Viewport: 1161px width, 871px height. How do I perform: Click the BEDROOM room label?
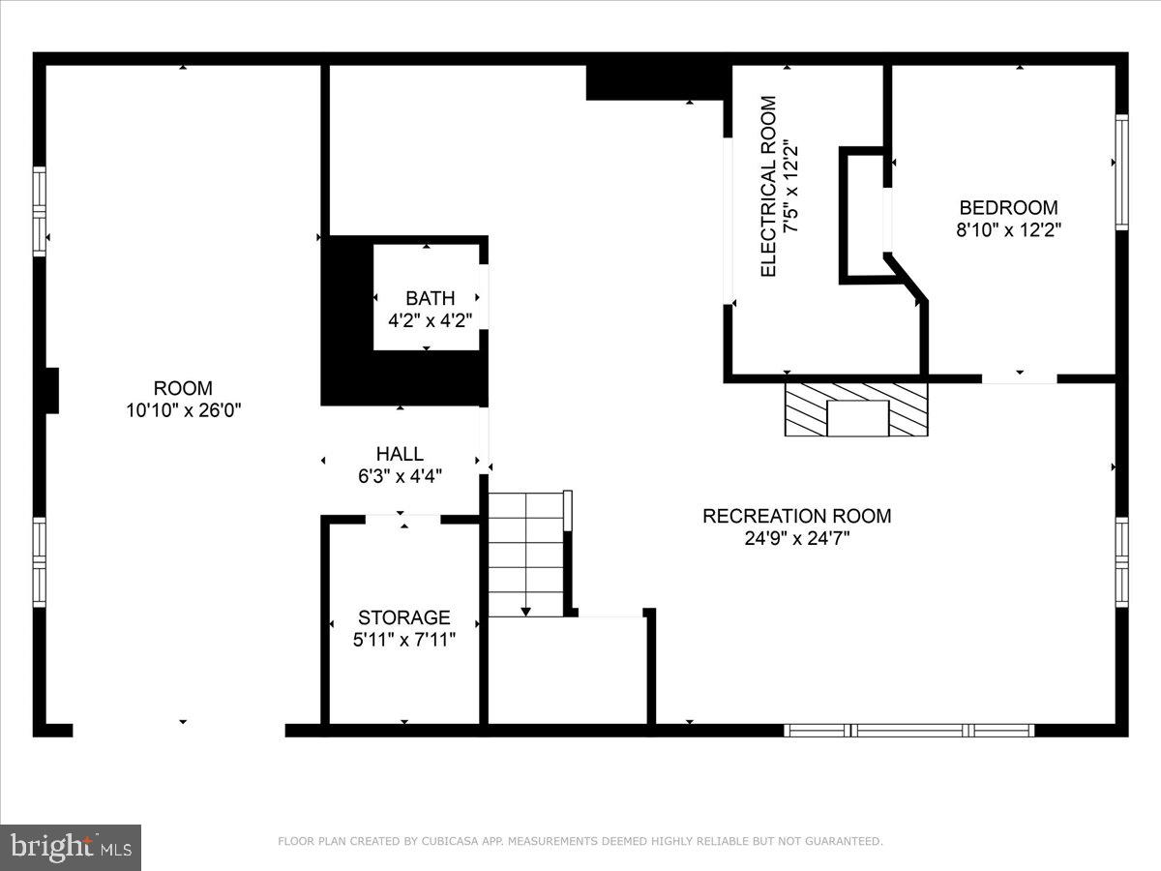click(x=1008, y=207)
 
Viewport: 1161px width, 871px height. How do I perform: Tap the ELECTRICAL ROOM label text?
click(x=769, y=186)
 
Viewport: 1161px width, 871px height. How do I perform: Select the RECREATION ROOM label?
click(x=796, y=516)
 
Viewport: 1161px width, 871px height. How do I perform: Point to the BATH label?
click(x=430, y=298)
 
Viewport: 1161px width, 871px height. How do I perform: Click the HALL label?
click(x=400, y=453)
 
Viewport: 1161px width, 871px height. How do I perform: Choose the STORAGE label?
click(x=403, y=617)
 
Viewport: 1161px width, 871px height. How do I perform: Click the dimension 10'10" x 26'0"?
click(x=183, y=410)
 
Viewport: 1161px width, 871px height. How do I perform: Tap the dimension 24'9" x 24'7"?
click(x=796, y=539)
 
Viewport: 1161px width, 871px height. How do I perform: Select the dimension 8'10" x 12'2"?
click(x=1008, y=230)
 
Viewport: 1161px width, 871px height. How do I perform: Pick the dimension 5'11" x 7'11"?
click(x=403, y=639)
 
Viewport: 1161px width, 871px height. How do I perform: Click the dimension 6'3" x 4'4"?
click(x=400, y=476)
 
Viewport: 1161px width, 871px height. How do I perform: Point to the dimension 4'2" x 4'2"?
click(x=430, y=319)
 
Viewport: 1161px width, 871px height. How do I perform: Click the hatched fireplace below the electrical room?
click(x=856, y=409)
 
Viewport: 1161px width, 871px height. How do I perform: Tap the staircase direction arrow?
click(x=525, y=611)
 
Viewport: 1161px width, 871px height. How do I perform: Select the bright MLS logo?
click(x=71, y=848)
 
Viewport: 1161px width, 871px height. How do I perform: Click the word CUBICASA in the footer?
click(x=448, y=841)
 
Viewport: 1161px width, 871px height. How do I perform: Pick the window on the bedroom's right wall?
click(x=1121, y=172)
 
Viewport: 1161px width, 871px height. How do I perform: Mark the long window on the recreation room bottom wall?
click(x=908, y=731)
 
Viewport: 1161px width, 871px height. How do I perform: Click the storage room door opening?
click(x=402, y=520)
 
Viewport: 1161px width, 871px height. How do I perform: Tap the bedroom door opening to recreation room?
click(x=1019, y=378)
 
